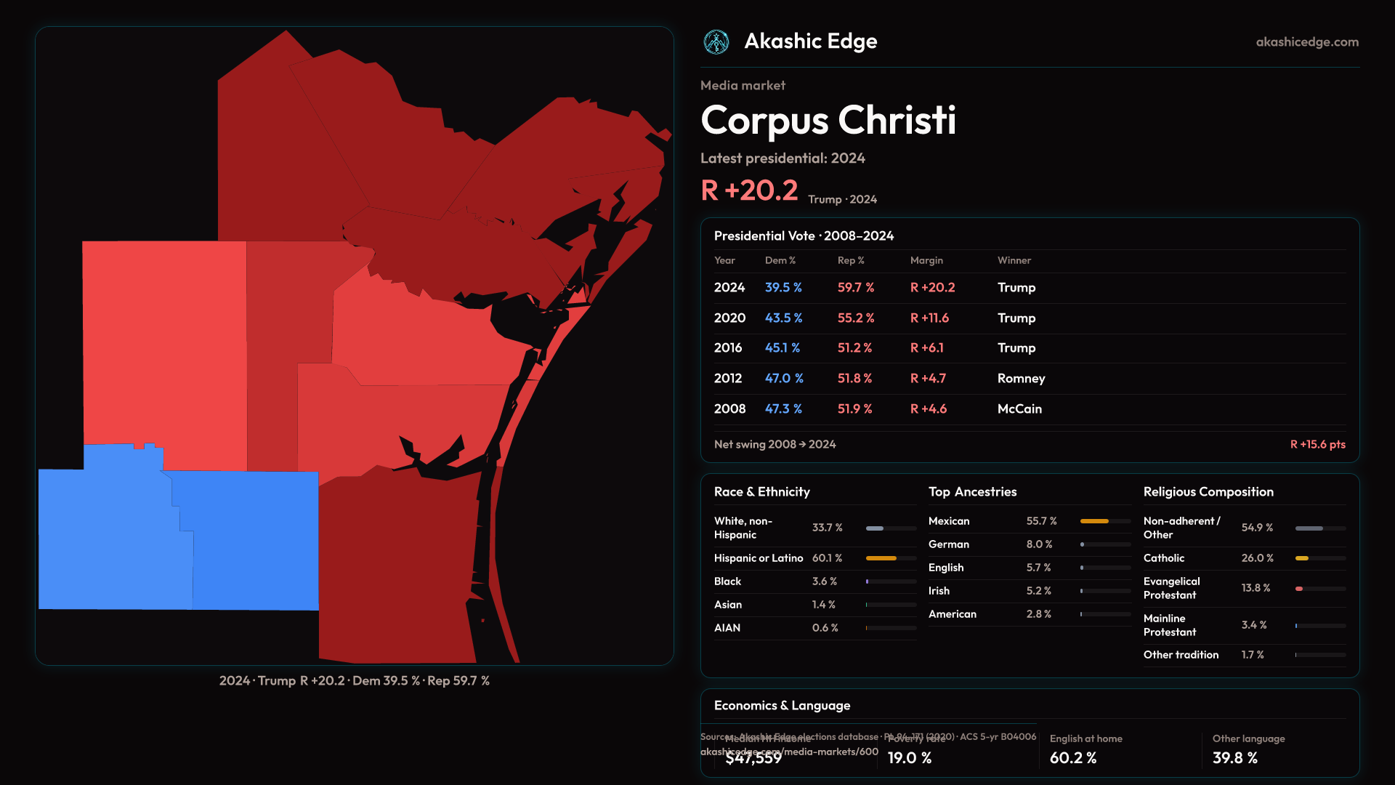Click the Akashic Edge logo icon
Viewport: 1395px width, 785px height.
click(716, 42)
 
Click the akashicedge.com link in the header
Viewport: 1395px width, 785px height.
click(1307, 42)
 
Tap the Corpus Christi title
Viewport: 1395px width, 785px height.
click(828, 120)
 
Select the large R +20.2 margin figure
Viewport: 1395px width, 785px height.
click(749, 190)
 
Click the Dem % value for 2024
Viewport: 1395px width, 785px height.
click(783, 288)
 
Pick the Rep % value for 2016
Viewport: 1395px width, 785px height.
click(854, 348)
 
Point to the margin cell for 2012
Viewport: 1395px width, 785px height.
click(928, 379)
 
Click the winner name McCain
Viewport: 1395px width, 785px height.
click(1019, 409)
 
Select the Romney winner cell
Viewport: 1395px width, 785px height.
click(1021, 379)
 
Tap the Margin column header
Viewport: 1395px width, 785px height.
click(926, 260)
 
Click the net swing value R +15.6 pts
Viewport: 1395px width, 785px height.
click(1317, 445)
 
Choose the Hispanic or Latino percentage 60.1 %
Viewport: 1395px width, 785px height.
click(827, 558)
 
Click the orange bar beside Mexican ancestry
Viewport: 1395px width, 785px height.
click(1094, 521)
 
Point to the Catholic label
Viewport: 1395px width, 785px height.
click(1164, 558)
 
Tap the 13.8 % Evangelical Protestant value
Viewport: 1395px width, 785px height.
click(1255, 588)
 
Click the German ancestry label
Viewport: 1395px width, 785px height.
click(949, 544)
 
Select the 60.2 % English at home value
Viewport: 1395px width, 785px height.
click(1073, 758)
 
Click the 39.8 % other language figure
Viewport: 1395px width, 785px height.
click(1235, 758)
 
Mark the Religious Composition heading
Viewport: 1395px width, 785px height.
click(1208, 492)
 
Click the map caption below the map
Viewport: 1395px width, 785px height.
click(355, 681)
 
